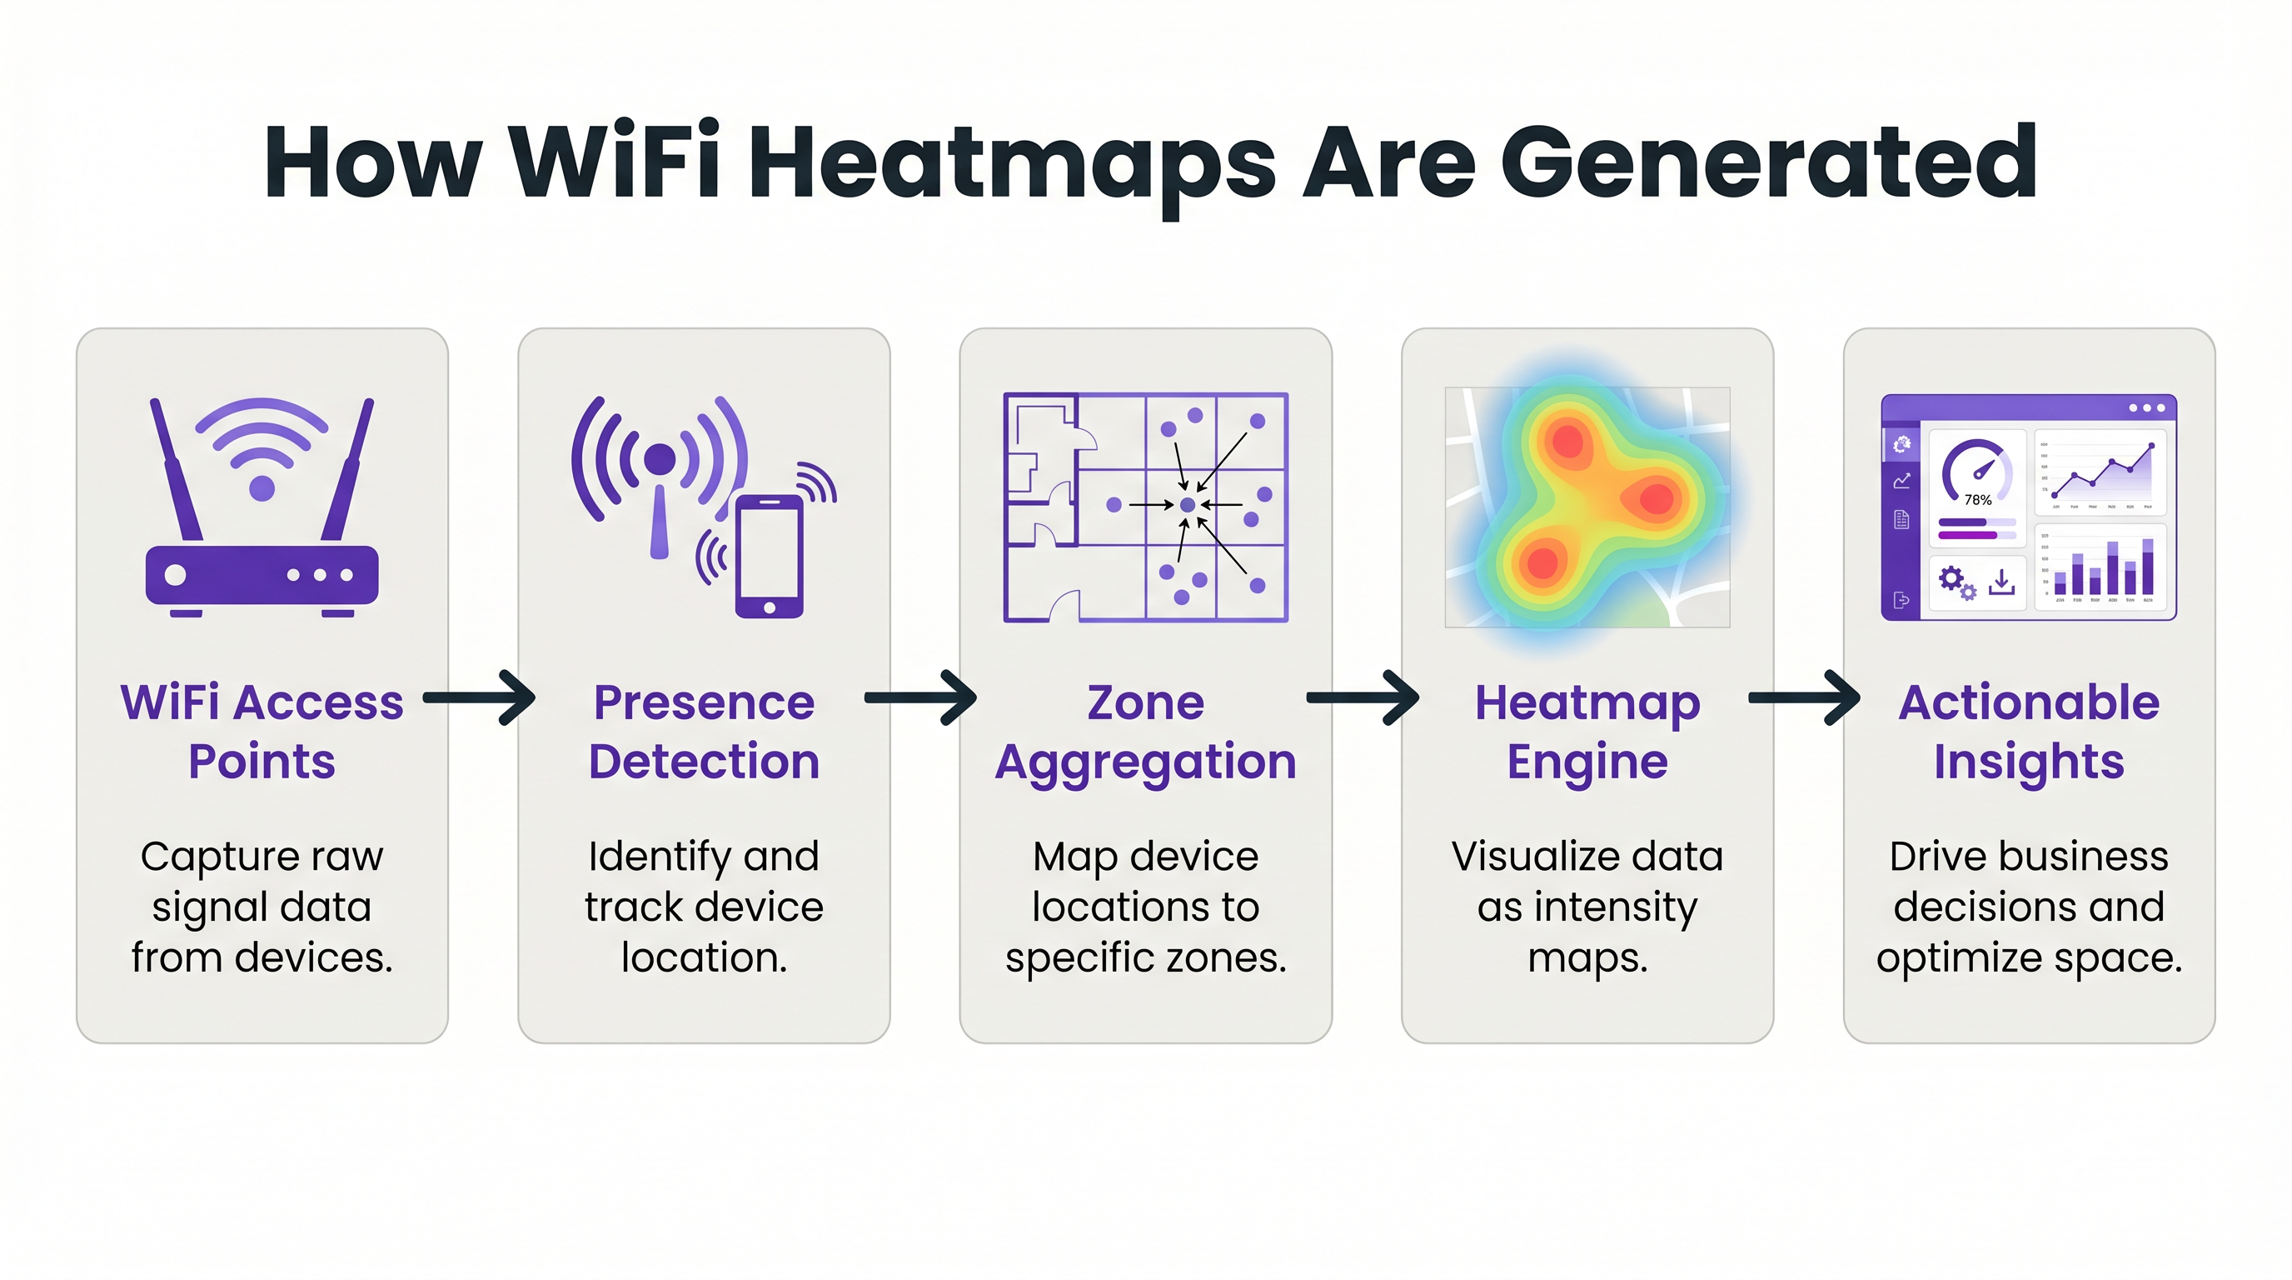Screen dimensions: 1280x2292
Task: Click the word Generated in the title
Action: (x=1768, y=162)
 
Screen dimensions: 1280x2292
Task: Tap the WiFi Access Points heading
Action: (x=262, y=731)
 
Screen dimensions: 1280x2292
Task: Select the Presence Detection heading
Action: (x=704, y=731)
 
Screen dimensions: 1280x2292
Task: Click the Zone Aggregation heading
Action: (x=1145, y=731)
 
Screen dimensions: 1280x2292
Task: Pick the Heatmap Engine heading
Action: (x=1587, y=731)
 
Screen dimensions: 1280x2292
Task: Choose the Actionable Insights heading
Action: (x=2029, y=731)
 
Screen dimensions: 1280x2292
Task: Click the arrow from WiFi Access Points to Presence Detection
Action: (x=481, y=697)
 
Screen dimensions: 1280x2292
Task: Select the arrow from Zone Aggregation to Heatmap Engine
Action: (x=1363, y=697)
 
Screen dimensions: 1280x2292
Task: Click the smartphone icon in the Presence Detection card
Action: (x=770, y=556)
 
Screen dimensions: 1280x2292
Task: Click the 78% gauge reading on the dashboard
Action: (x=1977, y=500)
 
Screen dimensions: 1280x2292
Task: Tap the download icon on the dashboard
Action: (x=2001, y=582)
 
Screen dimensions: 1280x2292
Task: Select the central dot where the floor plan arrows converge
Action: (x=1187, y=505)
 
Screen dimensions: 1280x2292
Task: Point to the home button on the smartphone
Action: (x=770, y=607)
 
